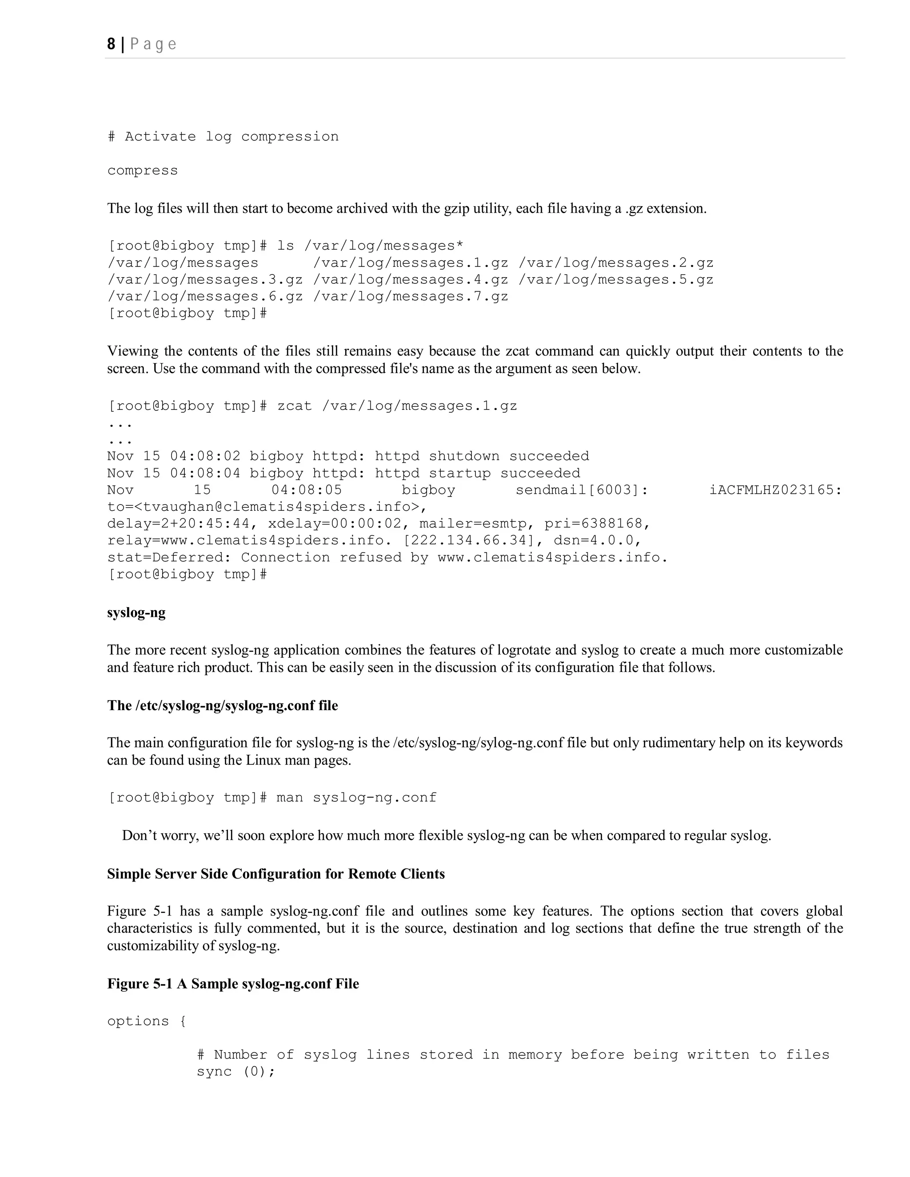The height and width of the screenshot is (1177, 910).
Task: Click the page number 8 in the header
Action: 111,44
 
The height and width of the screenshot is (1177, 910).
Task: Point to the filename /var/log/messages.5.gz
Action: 616,280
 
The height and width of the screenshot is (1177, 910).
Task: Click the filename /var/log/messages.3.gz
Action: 205,280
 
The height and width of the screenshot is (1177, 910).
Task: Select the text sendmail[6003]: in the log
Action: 582,490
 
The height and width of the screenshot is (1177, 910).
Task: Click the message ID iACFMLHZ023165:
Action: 776,490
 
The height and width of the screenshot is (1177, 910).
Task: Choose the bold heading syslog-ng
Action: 136,613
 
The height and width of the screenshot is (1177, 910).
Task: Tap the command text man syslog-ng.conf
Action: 356,798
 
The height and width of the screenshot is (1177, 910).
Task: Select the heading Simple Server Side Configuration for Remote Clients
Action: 275,874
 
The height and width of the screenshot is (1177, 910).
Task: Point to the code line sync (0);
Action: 235,1071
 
